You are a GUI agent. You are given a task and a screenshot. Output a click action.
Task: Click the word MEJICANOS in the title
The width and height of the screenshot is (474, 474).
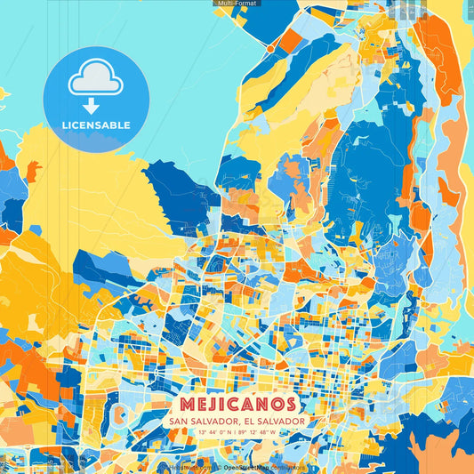236,405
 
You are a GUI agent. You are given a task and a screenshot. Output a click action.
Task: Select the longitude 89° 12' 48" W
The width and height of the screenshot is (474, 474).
264,433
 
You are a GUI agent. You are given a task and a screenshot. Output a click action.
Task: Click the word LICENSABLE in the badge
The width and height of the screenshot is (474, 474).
96,125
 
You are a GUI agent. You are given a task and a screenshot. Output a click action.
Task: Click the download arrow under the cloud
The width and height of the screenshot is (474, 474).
96,106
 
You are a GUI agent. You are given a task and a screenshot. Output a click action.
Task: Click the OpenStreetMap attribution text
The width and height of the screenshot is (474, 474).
246,466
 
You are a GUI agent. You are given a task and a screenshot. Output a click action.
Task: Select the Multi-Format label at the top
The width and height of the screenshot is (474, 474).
236,4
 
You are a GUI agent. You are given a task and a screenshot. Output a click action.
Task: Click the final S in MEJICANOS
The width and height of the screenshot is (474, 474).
292,405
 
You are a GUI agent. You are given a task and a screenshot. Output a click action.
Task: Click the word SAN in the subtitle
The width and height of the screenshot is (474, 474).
177,421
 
